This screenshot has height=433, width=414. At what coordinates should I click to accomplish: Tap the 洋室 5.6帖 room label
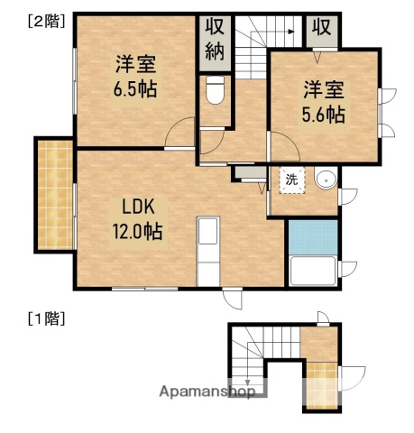pos(322,101)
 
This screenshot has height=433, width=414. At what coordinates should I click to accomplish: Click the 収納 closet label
pos(215,39)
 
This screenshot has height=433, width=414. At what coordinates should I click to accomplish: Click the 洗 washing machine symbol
pos(291,179)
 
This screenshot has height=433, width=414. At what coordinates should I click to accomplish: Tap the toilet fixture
pos(215,91)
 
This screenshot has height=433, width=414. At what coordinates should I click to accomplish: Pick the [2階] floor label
pos(46,20)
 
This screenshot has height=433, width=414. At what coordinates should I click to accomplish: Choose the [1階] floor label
pos(46,318)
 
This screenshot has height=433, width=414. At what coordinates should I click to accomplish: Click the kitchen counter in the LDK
pos(208,249)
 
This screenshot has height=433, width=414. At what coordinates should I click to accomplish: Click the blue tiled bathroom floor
pos(311,236)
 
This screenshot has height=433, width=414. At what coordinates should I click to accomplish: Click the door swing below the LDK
pos(233,299)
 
